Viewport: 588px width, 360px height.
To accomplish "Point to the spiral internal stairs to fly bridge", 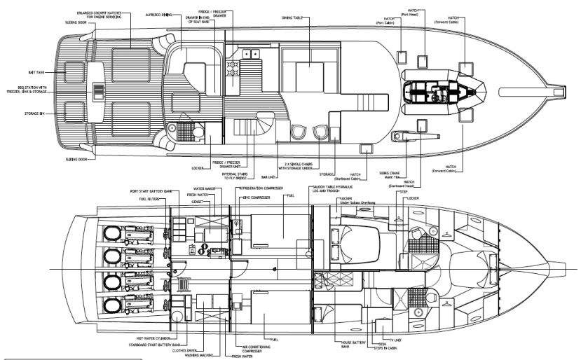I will tap(264, 128).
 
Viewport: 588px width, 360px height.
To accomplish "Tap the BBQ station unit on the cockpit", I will tap(99, 90).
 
